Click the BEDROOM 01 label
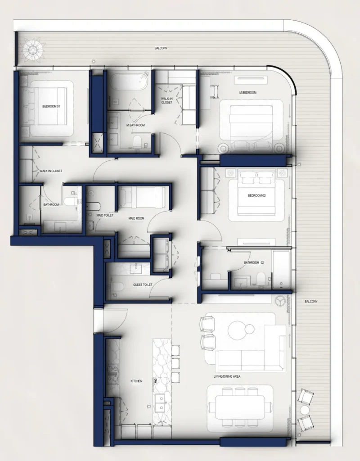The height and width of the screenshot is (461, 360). click(51, 106)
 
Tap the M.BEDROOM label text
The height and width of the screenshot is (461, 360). click(248, 92)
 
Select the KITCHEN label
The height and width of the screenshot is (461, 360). click(136, 381)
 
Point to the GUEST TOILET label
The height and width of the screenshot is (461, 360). click(143, 285)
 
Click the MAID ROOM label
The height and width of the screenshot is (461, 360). click(136, 218)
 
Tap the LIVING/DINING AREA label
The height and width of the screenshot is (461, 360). click(227, 376)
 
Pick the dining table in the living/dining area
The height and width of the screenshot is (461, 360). click(240, 407)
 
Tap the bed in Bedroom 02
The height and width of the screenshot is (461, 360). click(256, 194)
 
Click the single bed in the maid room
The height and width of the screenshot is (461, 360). click(142, 197)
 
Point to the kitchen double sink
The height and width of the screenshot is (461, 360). click(160, 403)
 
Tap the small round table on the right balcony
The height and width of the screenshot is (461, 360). click(305, 410)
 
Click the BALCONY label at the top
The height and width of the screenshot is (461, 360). click(161, 48)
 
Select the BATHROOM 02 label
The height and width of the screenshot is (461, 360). click(254, 262)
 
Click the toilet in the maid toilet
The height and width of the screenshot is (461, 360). click(94, 206)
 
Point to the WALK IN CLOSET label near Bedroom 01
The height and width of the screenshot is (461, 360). click(51, 171)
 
